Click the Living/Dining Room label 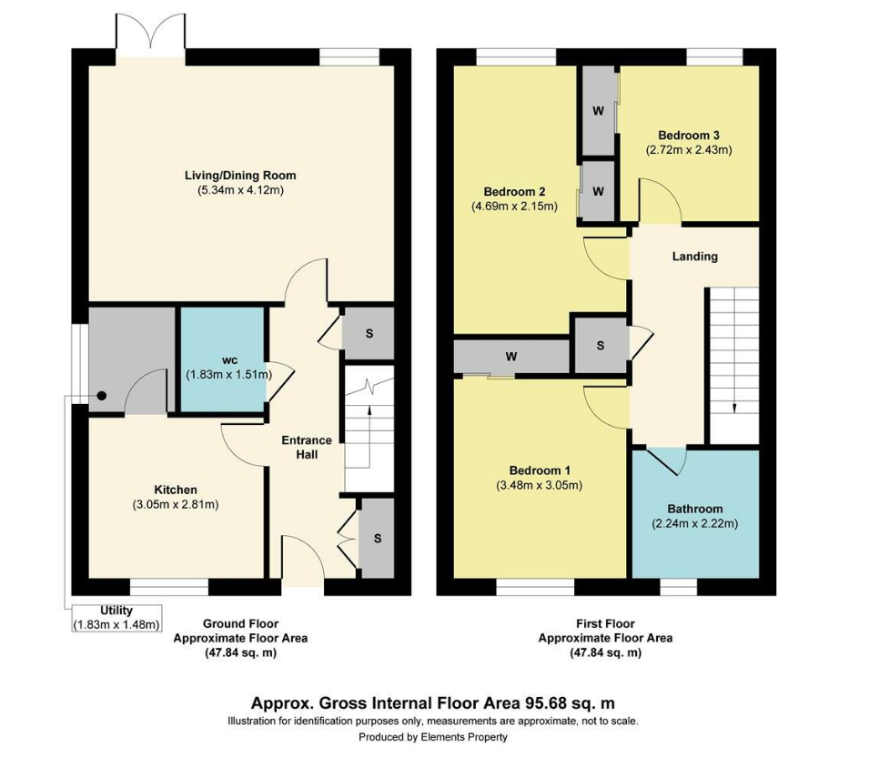[x=240, y=176]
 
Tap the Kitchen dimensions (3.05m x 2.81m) [x=176, y=505]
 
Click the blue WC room [x=223, y=360]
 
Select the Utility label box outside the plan [x=116, y=618]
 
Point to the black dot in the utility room [x=102, y=396]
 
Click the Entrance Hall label [x=307, y=447]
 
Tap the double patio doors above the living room [x=150, y=35]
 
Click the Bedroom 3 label [x=689, y=136]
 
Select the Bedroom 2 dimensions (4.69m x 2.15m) [x=514, y=207]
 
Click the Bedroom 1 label [x=540, y=471]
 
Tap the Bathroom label [x=695, y=509]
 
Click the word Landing [x=695, y=257]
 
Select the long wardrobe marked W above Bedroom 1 [x=511, y=357]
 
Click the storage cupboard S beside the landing [x=601, y=346]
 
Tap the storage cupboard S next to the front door [x=377, y=539]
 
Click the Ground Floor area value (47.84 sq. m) [x=240, y=652]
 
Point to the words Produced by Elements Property [x=433, y=737]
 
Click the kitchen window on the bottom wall [x=169, y=587]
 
